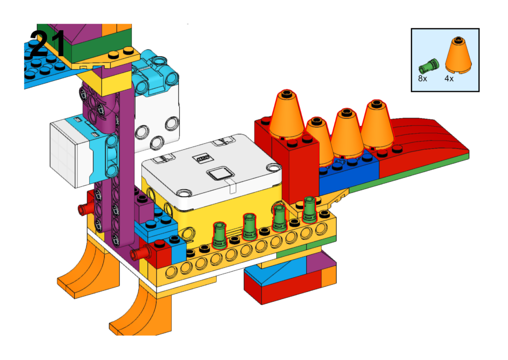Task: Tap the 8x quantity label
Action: pyautogui.click(x=423, y=78)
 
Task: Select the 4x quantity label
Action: pyautogui.click(x=449, y=78)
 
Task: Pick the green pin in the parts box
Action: pyautogui.click(x=429, y=66)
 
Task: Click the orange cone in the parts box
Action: pyautogui.click(x=458, y=55)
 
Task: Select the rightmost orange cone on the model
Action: pyautogui.click(x=377, y=125)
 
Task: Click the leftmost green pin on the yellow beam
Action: pyautogui.click(x=219, y=235)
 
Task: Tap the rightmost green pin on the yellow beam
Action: pyautogui.click(x=310, y=210)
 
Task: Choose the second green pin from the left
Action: pyautogui.click(x=250, y=226)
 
